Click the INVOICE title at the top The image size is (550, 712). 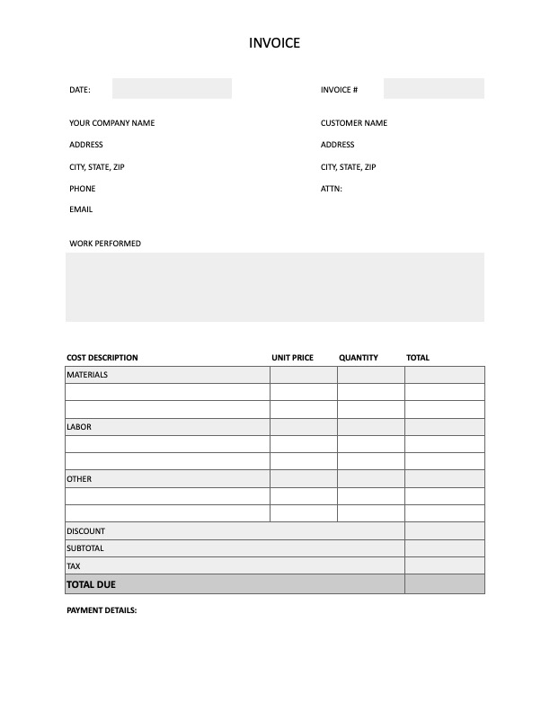click(x=274, y=42)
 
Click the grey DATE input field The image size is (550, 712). click(x=172, y=89)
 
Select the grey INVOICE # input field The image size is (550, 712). click(x=433, y=89)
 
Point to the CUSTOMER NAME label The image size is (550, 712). click(x=353, y=123)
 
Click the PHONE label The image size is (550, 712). click(x=82, y=189)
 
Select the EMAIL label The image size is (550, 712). click(x=81, y=209)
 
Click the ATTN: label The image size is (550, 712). click(x=331, y=189)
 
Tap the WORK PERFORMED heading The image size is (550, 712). click(x=104, y=244)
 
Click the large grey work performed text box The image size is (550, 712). click(x=274, y=287)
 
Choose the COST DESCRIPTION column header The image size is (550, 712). click(x=102, y=358)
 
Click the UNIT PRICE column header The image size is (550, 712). click(x=292, y=358)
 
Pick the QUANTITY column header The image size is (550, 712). click(x=358, y=358)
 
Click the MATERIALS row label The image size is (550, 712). click(x=87, y=375)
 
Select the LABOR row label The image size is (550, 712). click(x=79, y=427)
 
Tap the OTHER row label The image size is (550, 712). click(x=79, y=479)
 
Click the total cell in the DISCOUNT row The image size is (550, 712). click(x=444, y=531)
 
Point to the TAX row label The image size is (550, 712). click(x=74, y=566)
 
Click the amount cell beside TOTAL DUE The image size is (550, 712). click(x=444, y=584)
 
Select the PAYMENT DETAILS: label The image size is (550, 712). click(x=102, y=610)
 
